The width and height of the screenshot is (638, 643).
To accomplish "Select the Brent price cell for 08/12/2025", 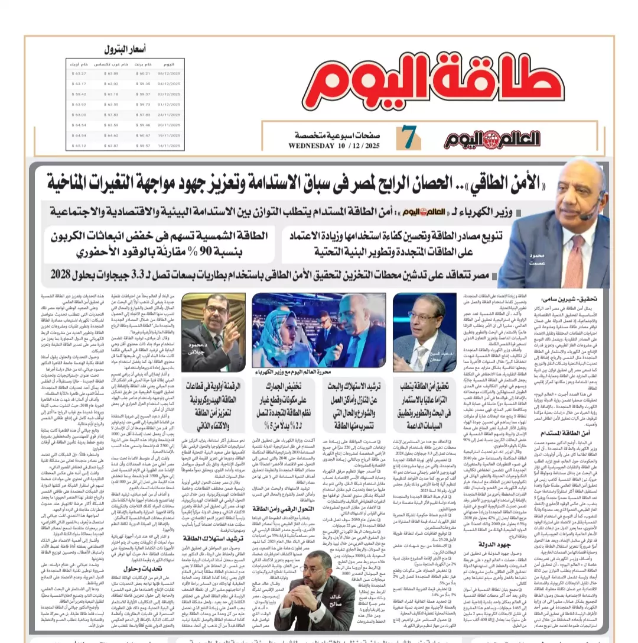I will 144,73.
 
